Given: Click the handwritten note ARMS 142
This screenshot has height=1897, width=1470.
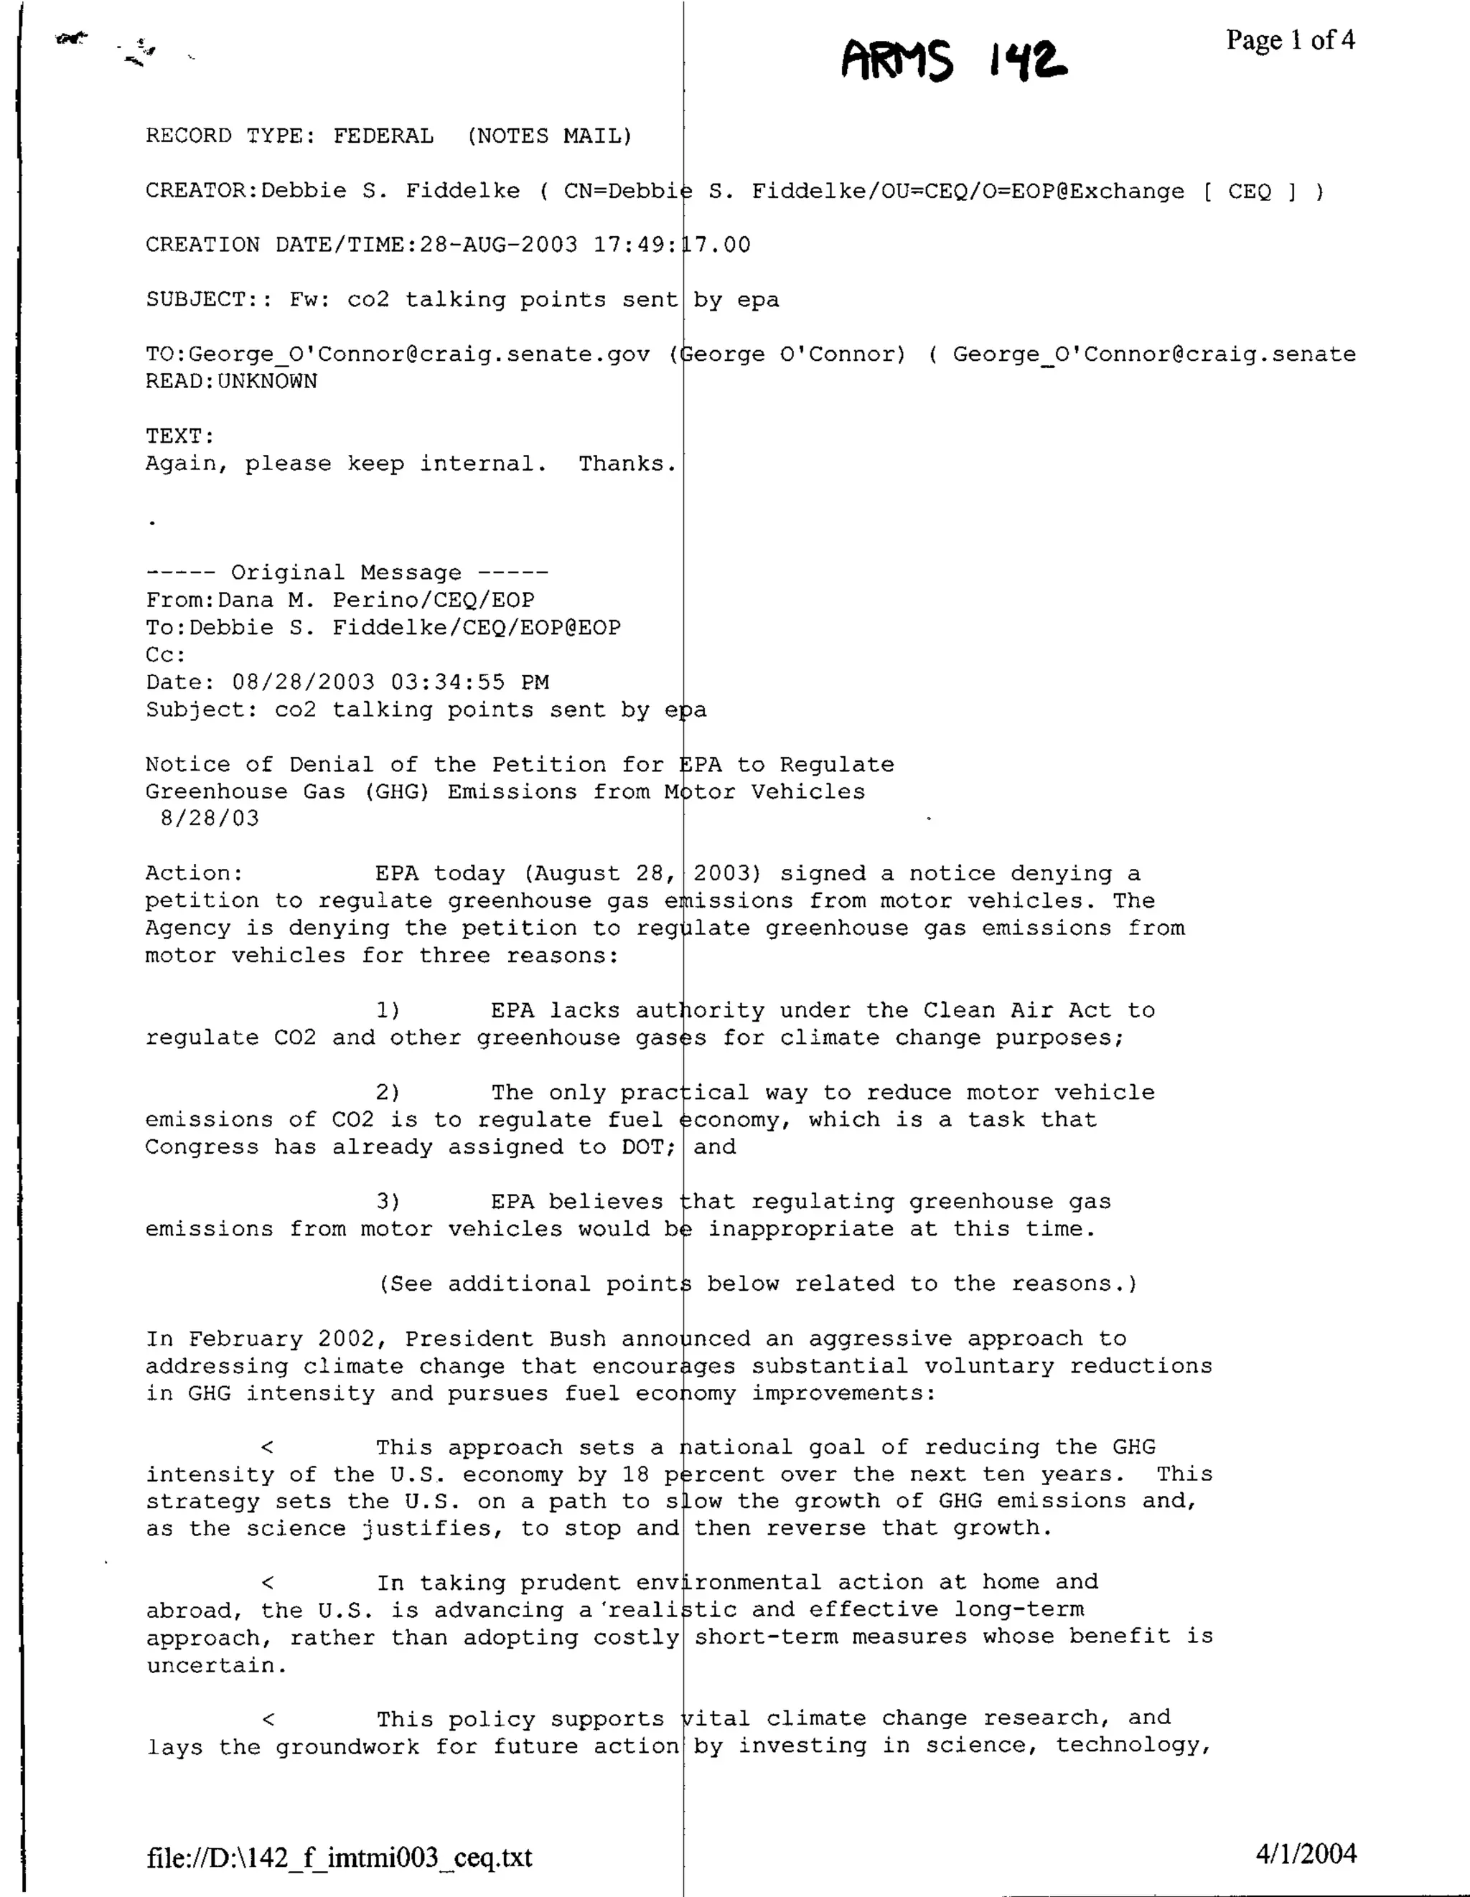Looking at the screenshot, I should (x=953, y=61).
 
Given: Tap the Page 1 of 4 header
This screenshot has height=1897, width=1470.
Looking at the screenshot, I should (x=1289, y=40).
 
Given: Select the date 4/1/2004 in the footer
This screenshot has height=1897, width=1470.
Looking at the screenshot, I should (x=1305, y=1853).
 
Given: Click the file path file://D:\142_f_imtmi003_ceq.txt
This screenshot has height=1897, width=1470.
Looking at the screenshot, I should (x=339, y=1857).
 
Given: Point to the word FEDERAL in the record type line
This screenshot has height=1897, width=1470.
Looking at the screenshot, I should (x=383, y=136).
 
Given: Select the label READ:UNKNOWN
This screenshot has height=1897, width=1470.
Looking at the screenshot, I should (x=231, y=381).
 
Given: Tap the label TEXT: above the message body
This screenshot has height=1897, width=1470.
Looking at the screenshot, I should (x=180, y=436).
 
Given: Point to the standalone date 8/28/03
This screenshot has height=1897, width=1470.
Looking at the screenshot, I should (x=210, y=818).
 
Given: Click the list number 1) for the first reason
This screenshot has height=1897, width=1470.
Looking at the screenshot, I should (x=388, y=1011).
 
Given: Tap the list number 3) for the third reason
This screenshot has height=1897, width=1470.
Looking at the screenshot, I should (x=388, y=1202).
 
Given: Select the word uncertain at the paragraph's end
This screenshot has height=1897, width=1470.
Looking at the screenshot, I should (x=215, y=1666).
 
